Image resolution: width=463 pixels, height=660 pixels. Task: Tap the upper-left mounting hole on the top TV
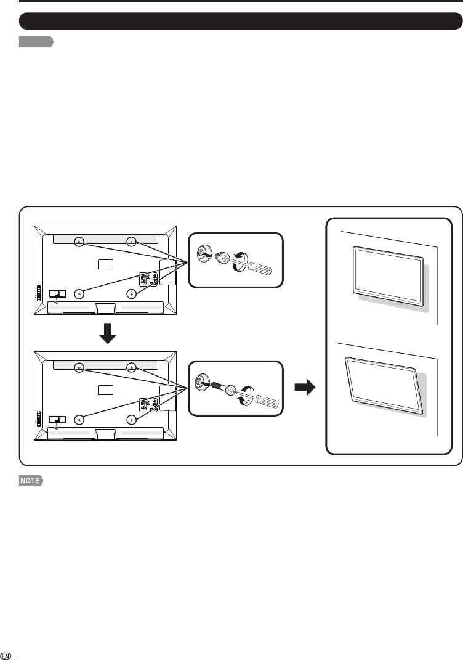pyautogui.click(x=79, y=242)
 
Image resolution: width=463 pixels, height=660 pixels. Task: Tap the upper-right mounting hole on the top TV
pyautogui.click(x=131, y=242)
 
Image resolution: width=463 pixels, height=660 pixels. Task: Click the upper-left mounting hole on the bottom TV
pyautogui.click(x=79, y=368)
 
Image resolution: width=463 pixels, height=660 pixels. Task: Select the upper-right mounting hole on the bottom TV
pyautogui.click(x=131, y=368)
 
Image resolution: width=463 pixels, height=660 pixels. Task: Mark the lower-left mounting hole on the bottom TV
pyautogui.click(x=79, y=418)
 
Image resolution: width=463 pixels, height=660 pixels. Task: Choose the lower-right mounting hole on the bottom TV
pyautogui.click(x=131, y=418)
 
